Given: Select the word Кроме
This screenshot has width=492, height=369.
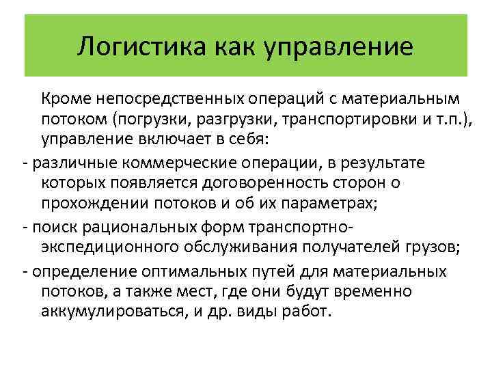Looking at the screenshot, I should point(63,100).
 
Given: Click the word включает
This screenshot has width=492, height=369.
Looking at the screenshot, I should point(162,141).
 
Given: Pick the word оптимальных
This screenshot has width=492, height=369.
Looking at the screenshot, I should point(194,269).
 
